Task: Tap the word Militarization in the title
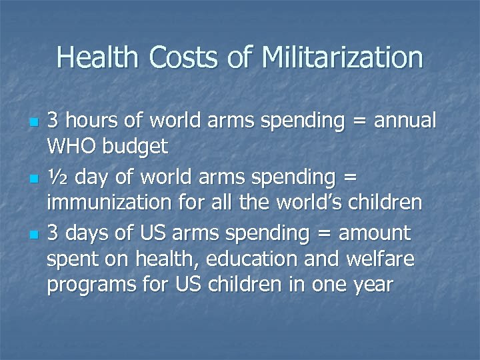pos(343,57)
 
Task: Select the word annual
pos(405,121)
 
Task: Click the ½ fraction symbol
pos(57,177)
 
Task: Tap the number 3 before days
pos(53,233)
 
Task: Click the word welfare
pos(379,259)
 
